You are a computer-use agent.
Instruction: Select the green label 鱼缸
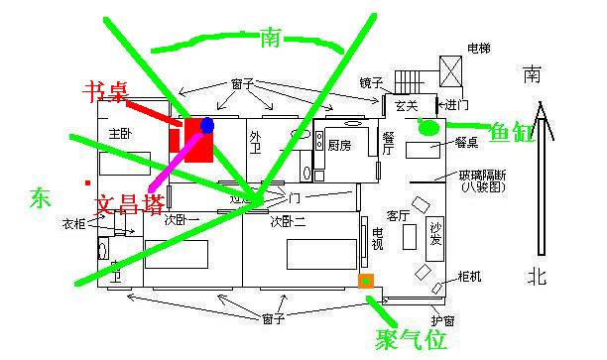513,129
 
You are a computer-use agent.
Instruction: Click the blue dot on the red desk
207,125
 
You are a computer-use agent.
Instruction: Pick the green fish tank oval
429,126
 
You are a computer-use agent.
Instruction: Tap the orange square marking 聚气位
366,281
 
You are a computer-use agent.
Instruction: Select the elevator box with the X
451,71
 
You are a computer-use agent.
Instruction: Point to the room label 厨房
339,145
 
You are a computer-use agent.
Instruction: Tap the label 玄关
405,104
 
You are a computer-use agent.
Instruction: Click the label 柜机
470,277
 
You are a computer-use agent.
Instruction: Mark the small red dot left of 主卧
88,182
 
